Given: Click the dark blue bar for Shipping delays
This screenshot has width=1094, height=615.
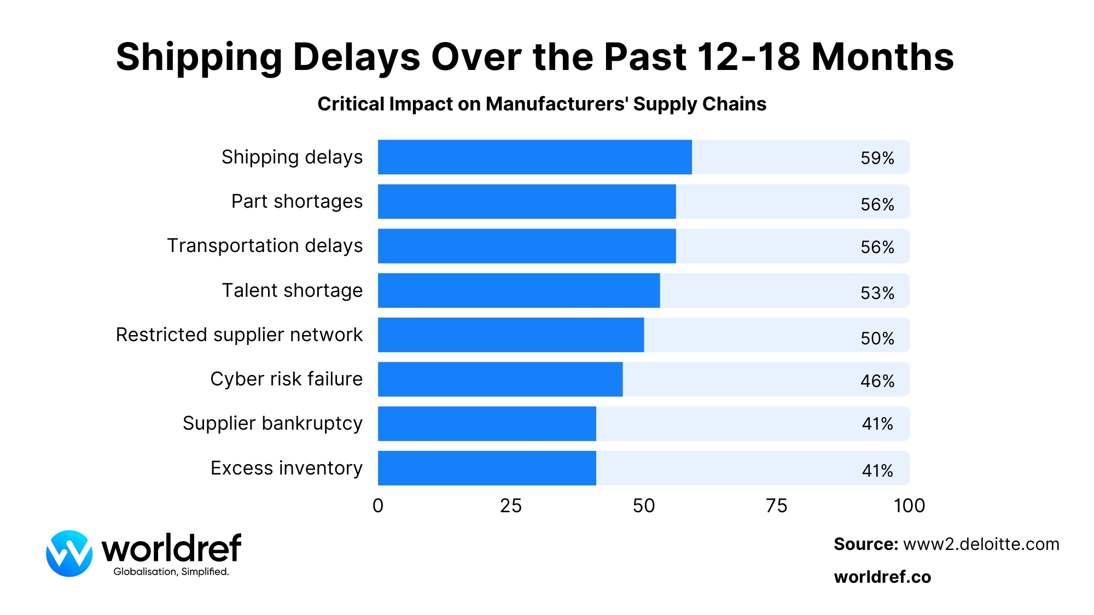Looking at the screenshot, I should coord(534,157).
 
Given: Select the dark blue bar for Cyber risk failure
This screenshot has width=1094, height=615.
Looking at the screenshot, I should coord(500,379).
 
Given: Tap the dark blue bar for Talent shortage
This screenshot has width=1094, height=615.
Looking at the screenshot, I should coord(519,290).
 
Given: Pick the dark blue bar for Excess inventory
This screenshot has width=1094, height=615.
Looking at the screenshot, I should coord(487,468).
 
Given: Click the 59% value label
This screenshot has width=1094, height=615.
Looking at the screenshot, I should coord(877,158).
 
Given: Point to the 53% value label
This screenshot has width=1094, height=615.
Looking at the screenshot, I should coord(877,293).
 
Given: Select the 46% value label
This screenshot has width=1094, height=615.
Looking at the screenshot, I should coord(877,381).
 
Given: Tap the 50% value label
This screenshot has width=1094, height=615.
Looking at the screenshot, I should coord(877,338).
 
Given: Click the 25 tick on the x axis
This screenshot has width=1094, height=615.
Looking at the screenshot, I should coord(510,506).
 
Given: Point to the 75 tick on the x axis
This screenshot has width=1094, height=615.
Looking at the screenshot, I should coord(776,506).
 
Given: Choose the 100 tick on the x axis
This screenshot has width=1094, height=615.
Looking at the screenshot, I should coord(909,506).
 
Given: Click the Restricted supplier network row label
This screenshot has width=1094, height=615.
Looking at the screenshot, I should coord(239,335).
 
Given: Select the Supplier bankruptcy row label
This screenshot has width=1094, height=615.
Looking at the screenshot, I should coord(272,424).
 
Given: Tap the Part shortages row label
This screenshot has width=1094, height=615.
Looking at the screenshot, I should coord(296,201).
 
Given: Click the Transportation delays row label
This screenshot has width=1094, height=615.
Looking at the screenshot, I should coord(265,246).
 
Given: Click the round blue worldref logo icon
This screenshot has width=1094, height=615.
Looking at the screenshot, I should coord(69,553).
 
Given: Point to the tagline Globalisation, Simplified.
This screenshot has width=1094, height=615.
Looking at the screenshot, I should coord(171,572).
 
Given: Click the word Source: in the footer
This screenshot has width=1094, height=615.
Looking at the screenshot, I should coord(865,544).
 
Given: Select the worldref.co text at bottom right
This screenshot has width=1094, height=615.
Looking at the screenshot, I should coord(882,577).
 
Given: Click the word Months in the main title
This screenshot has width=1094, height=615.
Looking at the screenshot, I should coord(882,57).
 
